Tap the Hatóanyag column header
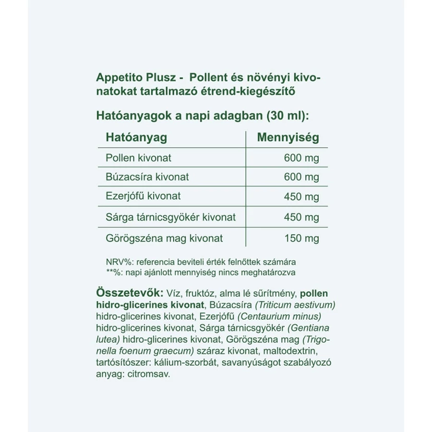coord(136,138)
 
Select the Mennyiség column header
coord(288,138)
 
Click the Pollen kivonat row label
coord(138,157)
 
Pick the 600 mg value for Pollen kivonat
coord(301,158)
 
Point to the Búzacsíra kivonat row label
coord(147,177)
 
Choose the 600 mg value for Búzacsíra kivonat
coord(301,177)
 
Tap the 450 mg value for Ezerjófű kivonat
coord(301,197)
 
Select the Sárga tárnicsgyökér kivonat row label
coord(170,217)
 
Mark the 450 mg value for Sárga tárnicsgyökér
coord(301,217)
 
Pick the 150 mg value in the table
coord(301,238)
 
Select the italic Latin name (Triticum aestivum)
coord(295,305)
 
